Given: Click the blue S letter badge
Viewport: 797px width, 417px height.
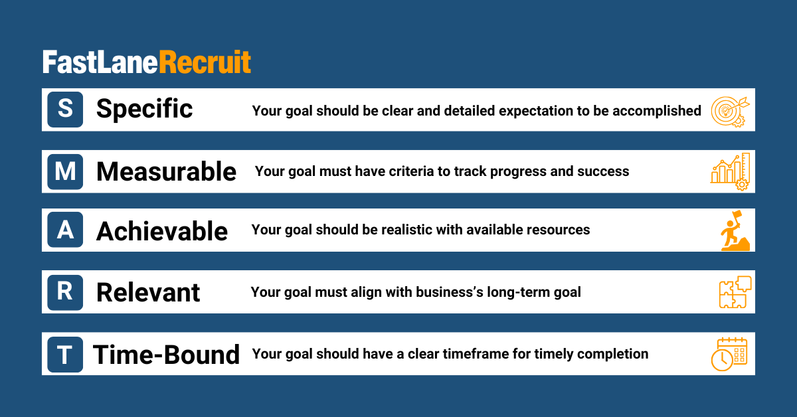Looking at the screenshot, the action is [65, 110].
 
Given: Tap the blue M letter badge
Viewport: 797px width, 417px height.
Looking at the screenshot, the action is [65, 171].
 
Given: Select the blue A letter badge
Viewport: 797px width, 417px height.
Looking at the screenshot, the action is [65, 230].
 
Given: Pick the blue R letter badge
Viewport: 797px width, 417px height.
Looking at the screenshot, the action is [65, 292].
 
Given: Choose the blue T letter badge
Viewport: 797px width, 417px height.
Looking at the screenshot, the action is [65, 355].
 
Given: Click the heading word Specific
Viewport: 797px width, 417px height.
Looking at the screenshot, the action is [145, 109].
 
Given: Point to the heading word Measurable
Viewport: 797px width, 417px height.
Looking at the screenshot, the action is [166, 171].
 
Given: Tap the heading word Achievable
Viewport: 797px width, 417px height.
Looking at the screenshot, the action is [162, 230].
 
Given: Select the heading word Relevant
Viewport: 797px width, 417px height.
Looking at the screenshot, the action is [148, 292].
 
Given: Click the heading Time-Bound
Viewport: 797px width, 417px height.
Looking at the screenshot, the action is [166, 355].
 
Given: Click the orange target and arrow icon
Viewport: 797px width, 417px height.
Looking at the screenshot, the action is [731, 112].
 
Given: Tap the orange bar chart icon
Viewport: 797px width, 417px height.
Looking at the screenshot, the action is [730, 172].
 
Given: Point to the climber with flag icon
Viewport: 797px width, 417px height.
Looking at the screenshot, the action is [735, 230].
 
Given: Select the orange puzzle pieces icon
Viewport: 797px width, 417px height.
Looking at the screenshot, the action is [735, 292].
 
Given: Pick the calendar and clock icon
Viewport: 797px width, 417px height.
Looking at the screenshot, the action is [729, 355].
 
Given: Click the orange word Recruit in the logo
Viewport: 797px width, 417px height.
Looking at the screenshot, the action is [205, 62].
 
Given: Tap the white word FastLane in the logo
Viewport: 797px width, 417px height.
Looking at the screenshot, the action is [100, 62].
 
